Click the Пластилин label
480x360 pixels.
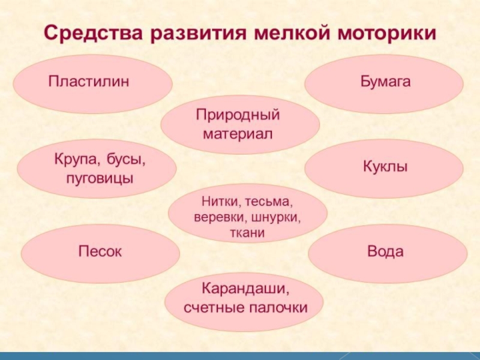tap(89, 80)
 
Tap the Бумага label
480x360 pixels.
tap(385, 80)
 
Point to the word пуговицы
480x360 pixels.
tap(100, 178)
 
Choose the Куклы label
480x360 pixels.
tap(385, 165)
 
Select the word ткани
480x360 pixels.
tap(247, 230)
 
